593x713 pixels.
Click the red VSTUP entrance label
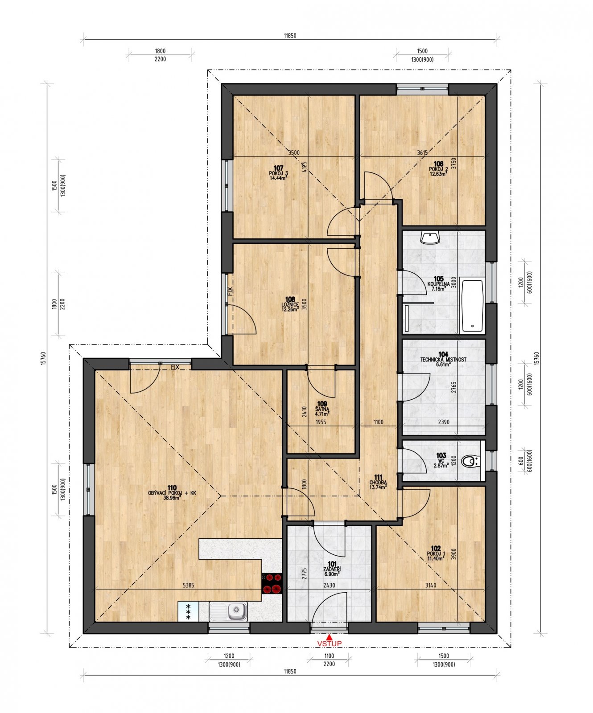pos(329,643)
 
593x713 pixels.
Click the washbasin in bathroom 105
pos(430,238)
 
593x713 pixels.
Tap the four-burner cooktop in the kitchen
pos(272,584)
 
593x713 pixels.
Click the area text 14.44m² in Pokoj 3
pos(278,178)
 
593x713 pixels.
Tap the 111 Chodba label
pos(378,482)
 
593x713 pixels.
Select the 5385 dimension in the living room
pos(188,585)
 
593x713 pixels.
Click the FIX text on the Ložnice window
pos(230,291)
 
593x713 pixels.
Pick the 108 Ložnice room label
pos(290,304)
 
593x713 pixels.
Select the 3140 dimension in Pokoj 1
pos(430,585)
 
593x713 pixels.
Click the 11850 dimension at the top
pos(290,36)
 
